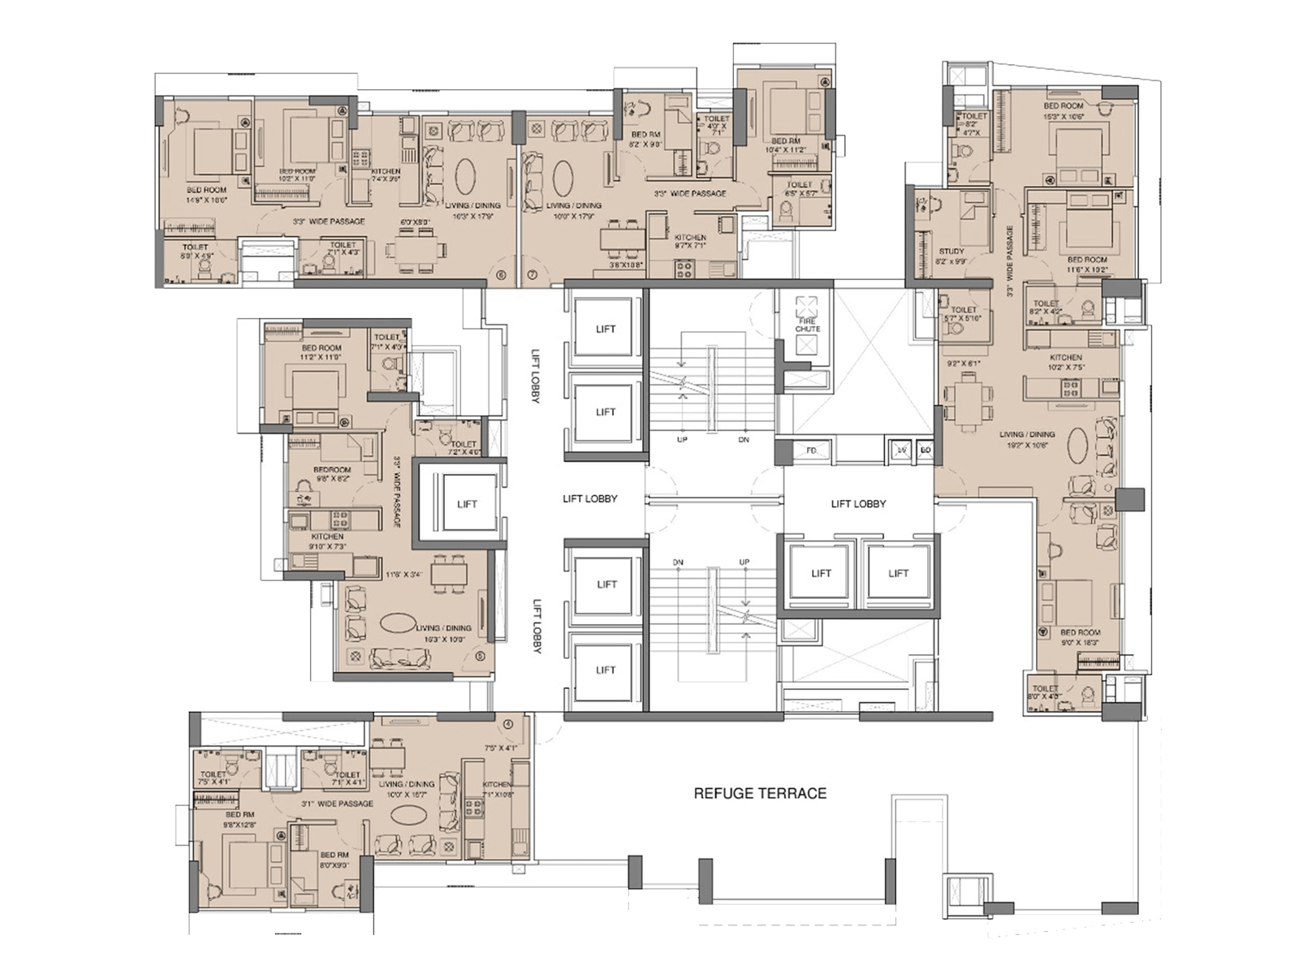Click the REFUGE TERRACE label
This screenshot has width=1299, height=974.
point(760,793)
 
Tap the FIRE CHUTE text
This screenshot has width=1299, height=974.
point(808,325)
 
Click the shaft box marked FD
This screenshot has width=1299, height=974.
point(811,450)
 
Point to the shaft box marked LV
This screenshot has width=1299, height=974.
point(901,450)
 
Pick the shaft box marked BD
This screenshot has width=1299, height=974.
point(926,450)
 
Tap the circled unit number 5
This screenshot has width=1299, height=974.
point(480,657)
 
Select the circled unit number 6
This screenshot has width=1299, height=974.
point(500,275)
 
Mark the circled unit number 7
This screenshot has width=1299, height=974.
point(533,275)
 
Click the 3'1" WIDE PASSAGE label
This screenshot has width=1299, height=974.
point(337,804)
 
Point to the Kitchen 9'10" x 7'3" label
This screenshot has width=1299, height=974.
point(328,541)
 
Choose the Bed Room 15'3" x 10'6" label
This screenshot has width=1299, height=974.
point(1064,111)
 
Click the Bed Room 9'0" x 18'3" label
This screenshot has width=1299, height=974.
point(1080,637)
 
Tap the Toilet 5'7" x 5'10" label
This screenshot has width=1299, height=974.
point(964,314)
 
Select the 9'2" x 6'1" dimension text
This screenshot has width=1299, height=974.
point(963,364)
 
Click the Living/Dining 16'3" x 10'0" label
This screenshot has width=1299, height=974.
point(443,633)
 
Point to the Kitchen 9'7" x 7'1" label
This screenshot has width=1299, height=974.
point(690,242)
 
